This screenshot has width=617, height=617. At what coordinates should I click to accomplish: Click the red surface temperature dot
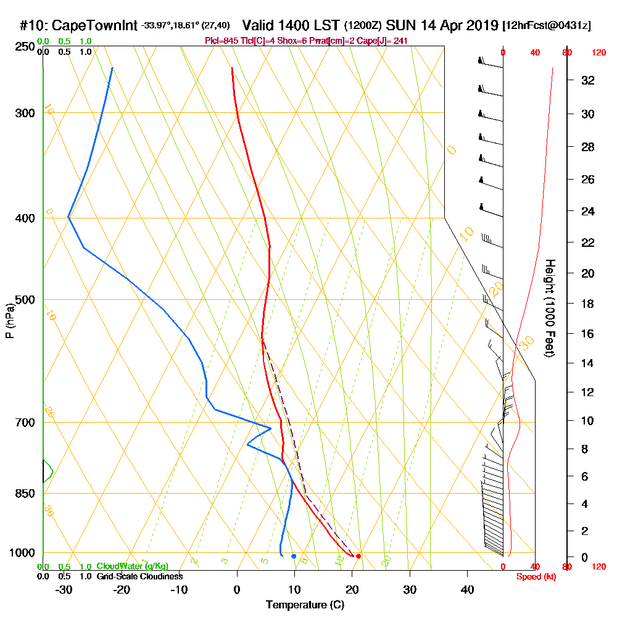(x=358, y=556)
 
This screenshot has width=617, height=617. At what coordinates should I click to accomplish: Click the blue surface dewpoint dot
(x=294, y=556)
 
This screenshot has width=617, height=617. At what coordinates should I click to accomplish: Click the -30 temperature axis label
(x=64, y=590)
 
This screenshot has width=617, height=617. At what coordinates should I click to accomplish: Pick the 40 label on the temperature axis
(x=467, y=590)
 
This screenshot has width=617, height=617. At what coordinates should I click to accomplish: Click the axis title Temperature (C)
(x=305, y=605)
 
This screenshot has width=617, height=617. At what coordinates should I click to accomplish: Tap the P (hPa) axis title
(x=9, y=321)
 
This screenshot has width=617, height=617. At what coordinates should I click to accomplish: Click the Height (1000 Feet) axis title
(x=549, y=308)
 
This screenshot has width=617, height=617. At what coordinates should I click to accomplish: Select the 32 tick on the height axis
(x=588, y=80)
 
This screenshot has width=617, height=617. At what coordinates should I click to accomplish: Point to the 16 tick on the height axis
(x=588, y=334)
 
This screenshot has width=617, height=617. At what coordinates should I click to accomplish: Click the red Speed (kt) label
(x=534, y=576)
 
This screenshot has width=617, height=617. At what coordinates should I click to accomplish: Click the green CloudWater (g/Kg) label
(x=132, y=566)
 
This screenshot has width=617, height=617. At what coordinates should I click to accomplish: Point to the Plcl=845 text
(x=220, y=40)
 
